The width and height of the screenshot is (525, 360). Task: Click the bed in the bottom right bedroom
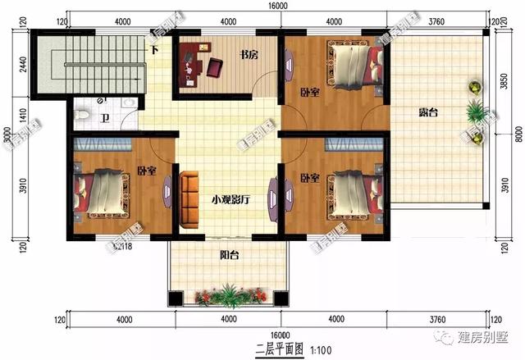pos(351,194)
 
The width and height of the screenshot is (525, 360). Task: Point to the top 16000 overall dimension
pos(277,6)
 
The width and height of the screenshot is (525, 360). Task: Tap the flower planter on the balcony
pos(227,294)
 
